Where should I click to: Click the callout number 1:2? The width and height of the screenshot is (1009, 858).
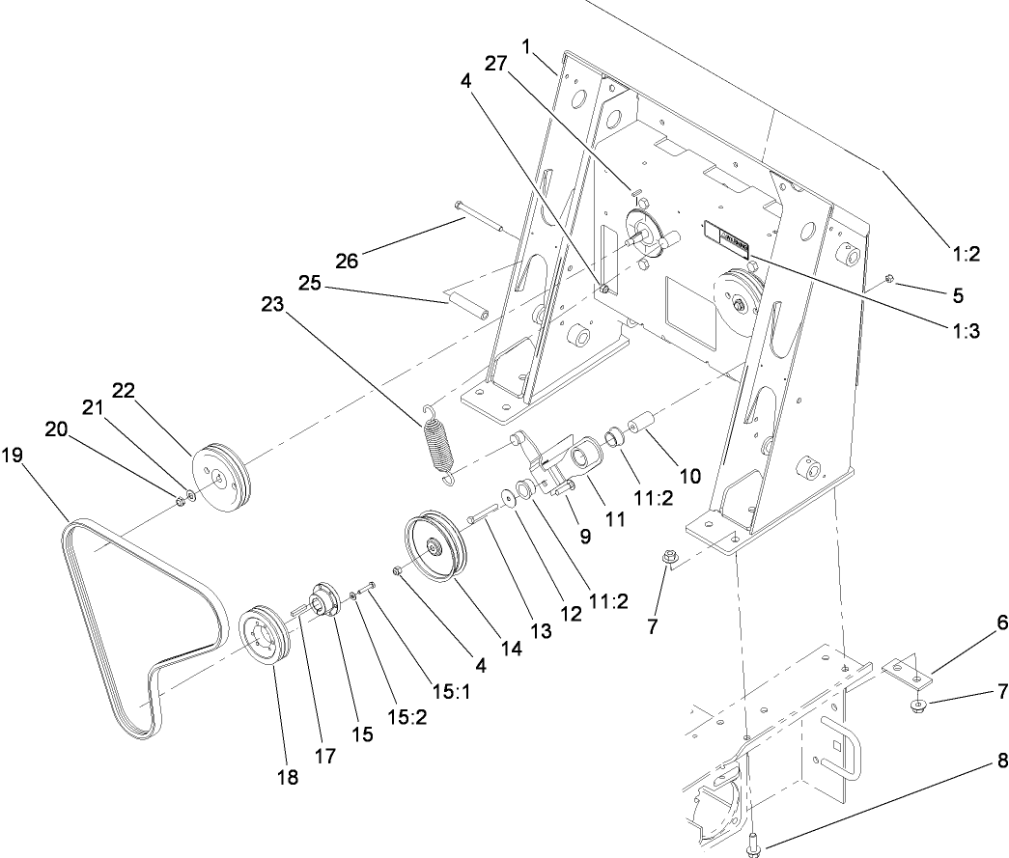pyautogui.click(x=966, y=254)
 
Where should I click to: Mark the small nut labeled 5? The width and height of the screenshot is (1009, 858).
pyautogui.click(x=889, y=280)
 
